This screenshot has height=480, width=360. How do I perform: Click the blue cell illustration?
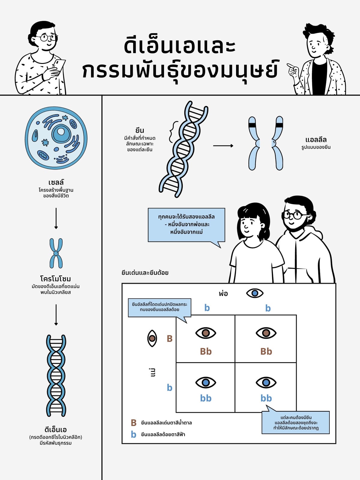coord(56,138)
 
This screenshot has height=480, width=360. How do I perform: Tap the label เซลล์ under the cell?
coord(56,182)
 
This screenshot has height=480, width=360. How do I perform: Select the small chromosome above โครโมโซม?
coord(56,253)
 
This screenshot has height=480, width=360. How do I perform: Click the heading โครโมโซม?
coord(55,279)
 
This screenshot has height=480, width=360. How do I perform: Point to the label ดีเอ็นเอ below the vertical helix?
coord(55,430)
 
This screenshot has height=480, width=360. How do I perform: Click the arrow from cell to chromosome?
coord(56,218)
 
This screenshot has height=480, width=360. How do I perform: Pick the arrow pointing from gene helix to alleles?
coord(223,145)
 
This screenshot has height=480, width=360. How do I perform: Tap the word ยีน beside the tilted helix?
coord(140,130)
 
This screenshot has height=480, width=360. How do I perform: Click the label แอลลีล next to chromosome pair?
coord(316,140)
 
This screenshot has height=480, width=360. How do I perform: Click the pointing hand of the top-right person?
coord(293,69)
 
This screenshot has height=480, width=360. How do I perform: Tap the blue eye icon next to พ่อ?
coord(255,293)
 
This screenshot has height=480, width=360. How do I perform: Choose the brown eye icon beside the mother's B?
coord(152,338)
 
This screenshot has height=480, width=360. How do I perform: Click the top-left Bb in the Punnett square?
coord(206,351)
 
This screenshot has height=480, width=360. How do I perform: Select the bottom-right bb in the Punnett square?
coord(266,398)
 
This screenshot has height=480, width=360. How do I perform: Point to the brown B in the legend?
coord(133,423)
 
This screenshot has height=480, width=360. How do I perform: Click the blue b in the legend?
coord(133,434)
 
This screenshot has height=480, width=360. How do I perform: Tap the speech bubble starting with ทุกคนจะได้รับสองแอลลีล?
coord(186,225)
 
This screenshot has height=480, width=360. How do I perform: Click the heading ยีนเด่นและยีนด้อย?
coord(145,273)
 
